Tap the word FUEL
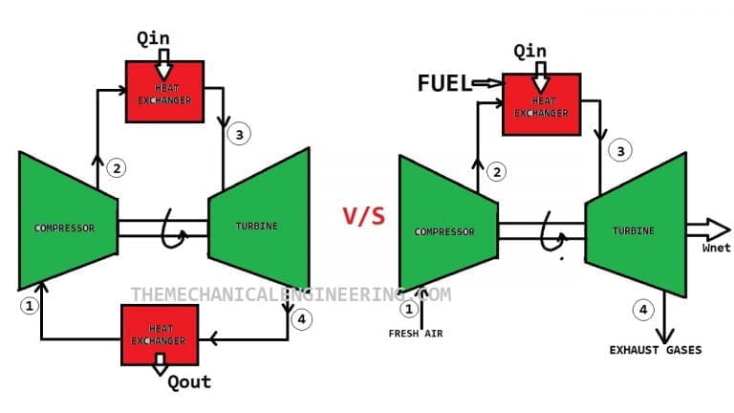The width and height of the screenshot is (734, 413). pyautogui.click(x=444, y=83)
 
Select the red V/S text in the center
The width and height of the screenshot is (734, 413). pyautogui.click(x=363, y=216)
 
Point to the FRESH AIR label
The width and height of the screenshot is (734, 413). pyautogui.click(x=415, y=334)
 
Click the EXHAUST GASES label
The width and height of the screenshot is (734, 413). pyautogui.click(x=655, y=350)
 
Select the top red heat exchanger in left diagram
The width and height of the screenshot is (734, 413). pyautogui.click(x=164, y=93)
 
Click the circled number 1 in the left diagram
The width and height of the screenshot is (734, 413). pyautogui.click(x=29, y=306)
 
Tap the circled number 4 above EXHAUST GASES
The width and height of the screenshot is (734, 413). pyautogui.click(x=642, y=309)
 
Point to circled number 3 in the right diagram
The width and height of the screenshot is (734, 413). pyautogui.click(x=620, y=151)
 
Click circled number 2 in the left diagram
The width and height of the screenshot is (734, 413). pyautogui.click(x=117, y=168)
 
